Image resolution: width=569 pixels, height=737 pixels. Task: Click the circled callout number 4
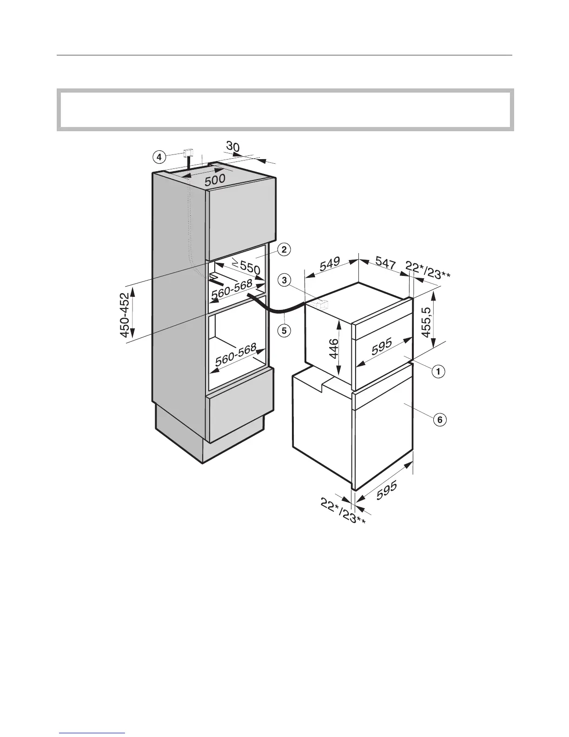(159, 158)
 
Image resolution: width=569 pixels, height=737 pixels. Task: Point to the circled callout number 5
(285, 331)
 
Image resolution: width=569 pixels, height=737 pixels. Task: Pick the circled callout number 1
(438, 371)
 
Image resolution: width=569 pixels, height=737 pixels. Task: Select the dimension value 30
(233, 147)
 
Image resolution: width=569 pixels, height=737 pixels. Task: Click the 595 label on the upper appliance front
(381, 347)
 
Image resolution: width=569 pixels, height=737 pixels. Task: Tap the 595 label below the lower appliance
(387, 490)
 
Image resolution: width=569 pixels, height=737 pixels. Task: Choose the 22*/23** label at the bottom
(343, 511)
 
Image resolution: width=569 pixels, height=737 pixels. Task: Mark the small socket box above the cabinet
(189, 153)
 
